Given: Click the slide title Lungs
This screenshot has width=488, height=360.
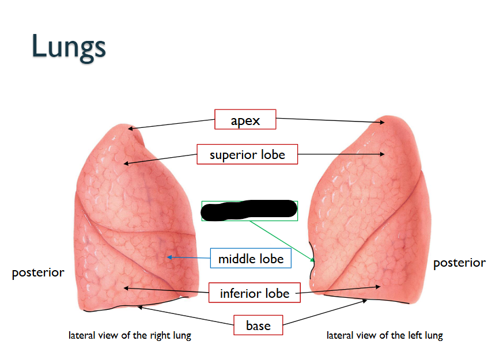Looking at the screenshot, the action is coord(69,46).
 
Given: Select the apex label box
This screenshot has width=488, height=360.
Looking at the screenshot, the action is coord(245,120).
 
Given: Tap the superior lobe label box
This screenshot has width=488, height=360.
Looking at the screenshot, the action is coord(247,154).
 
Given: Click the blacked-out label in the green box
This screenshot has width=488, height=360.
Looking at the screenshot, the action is coord(249,210).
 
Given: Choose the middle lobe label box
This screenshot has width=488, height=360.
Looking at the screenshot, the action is coord(251,259).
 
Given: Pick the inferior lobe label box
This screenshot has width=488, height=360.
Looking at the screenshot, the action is coord(254,293).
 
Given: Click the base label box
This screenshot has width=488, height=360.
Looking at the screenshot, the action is coord(258,325).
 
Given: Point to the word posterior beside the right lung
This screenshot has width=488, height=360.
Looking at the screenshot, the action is coord(38,272).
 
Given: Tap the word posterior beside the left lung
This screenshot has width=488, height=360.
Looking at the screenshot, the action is coord(459,263).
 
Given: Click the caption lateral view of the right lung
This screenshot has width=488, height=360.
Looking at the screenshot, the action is coord(130,335).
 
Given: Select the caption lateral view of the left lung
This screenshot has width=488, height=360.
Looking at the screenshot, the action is coord(384,335).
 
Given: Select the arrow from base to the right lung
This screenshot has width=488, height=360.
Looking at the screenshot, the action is coord(184,316).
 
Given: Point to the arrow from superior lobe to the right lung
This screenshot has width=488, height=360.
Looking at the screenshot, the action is coord(161,159).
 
